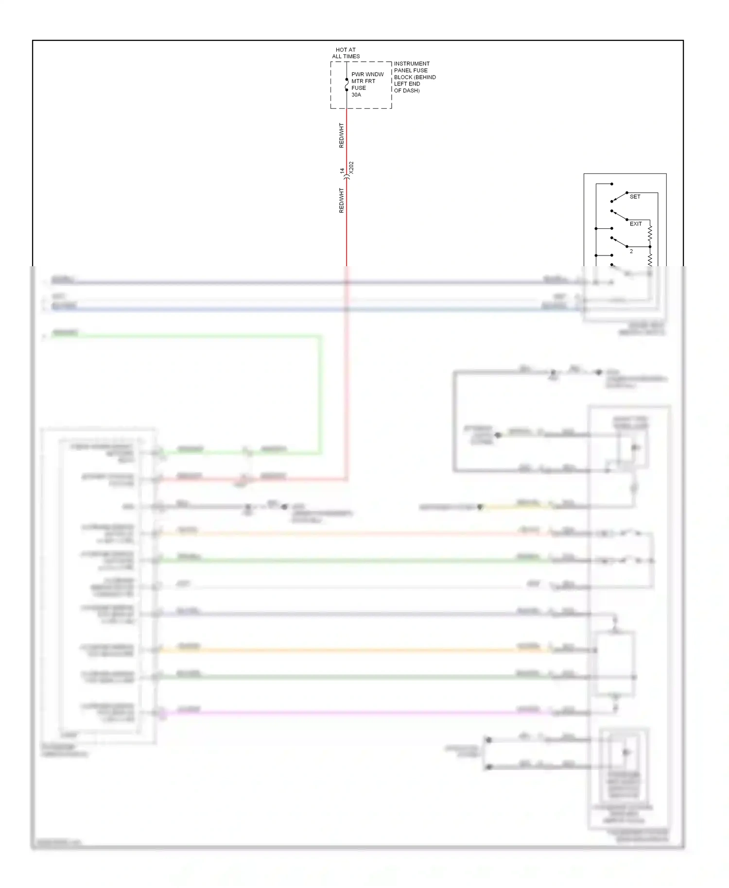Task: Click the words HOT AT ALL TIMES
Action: [x=346, y=53]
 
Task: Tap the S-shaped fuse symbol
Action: [x=347, y=85]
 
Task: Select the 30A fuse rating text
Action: [x=356, y=95]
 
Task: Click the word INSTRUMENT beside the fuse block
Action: [x=412, y=64]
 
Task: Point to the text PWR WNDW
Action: [x=367, y=74]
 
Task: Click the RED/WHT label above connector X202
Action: [x=341, y=136]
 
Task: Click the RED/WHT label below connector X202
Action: [x=341, y=201]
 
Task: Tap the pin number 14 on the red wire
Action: [x=342, y=171]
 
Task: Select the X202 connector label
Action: [x=351, y=168]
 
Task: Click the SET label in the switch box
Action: [x=635, y=197]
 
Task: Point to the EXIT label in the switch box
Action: [x=636, y=224]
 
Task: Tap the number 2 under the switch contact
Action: [x=631, y=252]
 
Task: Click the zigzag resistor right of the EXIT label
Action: [x=650, y=234]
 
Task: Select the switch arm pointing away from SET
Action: [x=619, y=197]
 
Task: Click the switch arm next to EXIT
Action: [x=619, y=215]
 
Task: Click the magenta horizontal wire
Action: [x=340, y=713]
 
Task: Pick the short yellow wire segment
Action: [x=515, y=507]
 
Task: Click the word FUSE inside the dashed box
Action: [x=359, y=88]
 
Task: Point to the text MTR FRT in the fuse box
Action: [x=363, y=81]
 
